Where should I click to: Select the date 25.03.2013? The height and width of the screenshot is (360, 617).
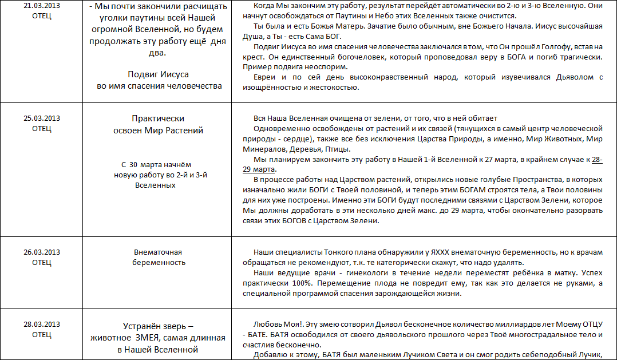[41, 118]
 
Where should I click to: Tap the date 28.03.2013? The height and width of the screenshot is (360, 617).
[41, 325]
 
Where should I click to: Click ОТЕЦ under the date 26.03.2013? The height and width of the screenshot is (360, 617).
[41, 262]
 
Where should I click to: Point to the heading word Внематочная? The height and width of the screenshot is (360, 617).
[157, 252]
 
